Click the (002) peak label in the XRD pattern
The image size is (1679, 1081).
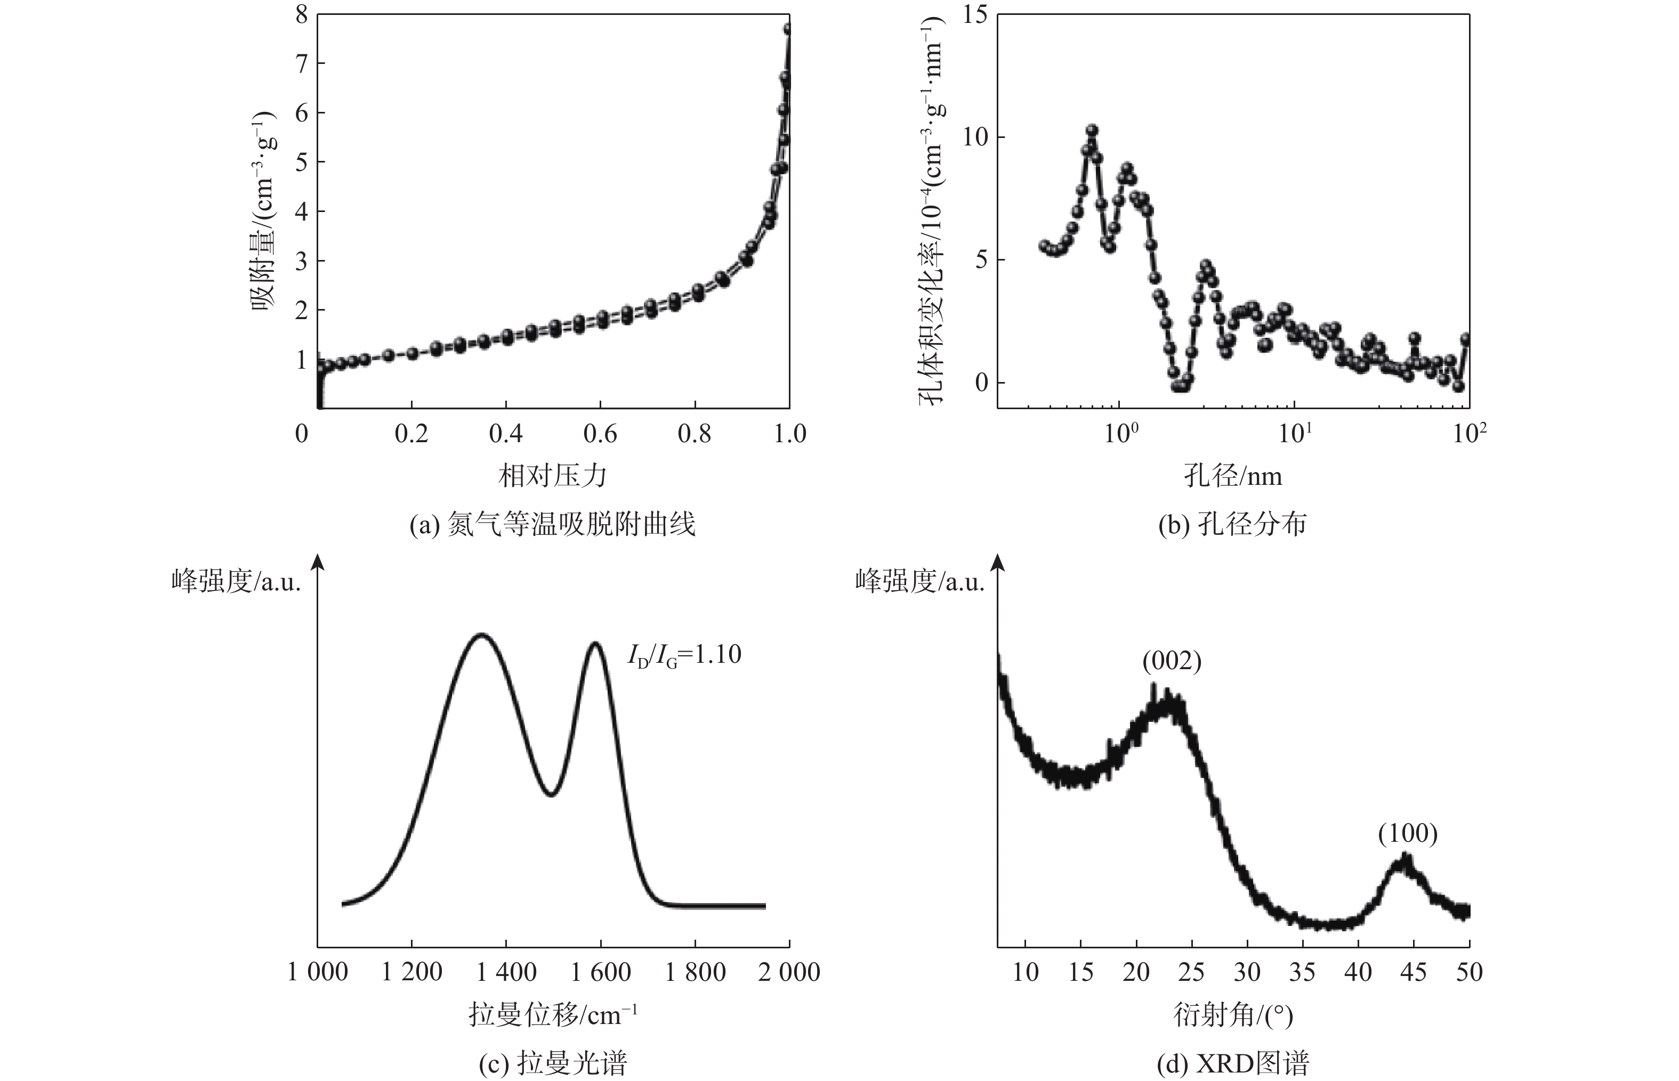click(1171, 661)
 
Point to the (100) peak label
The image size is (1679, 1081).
click(1407, 833)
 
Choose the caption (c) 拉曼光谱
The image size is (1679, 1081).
click(553, 1063)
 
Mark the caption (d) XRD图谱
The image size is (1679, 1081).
click(1232, 1063)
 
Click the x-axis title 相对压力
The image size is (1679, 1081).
click(553, 476)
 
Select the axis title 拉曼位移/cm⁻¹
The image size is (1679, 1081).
click(553, 1015)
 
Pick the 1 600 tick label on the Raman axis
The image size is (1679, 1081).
click(600, 972)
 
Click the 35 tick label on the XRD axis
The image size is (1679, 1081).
click(1302, 972)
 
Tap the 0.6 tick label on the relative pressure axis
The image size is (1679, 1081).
click(600, 434)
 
